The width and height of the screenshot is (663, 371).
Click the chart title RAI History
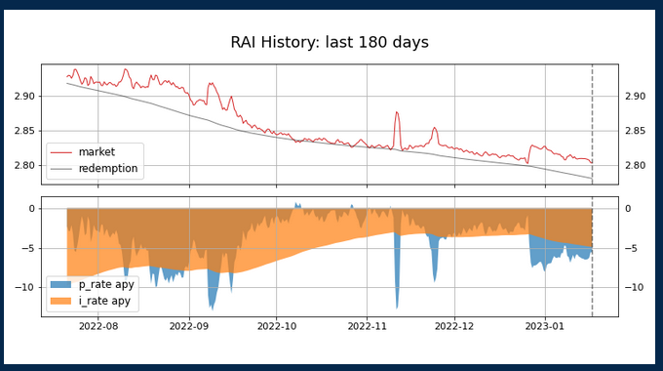330,42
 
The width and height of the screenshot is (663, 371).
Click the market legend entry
97,152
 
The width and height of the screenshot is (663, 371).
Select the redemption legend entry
107,168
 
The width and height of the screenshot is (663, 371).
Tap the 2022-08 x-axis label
97,326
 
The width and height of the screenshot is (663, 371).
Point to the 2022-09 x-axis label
188,326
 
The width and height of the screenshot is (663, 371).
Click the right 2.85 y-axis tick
635,131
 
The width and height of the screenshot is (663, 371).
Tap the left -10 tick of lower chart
23,287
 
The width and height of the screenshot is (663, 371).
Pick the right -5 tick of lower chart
630,248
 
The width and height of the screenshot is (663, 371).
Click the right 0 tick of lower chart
627,208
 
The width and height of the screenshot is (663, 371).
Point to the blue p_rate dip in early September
212,303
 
